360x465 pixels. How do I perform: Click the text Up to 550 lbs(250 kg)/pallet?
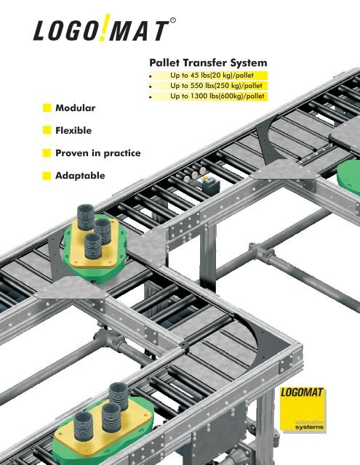[215, 86]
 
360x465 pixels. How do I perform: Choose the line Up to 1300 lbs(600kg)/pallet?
[217, 97]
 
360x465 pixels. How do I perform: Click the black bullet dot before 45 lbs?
[149, 76]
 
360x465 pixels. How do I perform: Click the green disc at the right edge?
[349, 175]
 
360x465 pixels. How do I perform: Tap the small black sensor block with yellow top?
[207, 185]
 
